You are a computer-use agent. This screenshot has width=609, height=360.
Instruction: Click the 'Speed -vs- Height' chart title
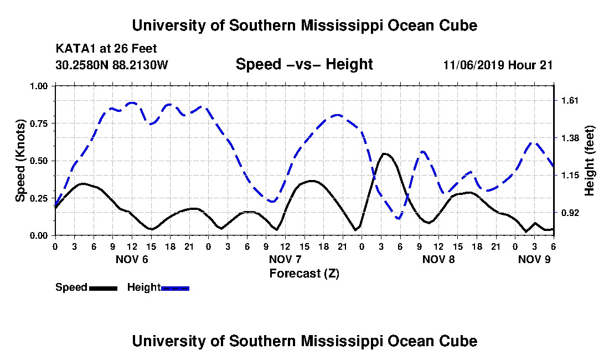(x=304, y=64)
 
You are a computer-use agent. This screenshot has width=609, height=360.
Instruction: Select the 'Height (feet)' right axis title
(x=589, y=161)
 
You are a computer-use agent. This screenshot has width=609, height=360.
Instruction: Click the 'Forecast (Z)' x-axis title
(x=304, y=274)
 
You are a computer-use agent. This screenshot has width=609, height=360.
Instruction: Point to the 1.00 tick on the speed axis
(x=39, y=86)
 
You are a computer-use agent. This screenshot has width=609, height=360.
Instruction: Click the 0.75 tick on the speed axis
(x=39, y=124)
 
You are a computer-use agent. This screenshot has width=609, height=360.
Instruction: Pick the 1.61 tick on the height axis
(x=570, y=101)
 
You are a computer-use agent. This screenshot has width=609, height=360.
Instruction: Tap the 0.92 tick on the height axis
(x=570, y=213)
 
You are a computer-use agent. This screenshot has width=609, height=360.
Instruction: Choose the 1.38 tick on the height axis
(x=570, y=138)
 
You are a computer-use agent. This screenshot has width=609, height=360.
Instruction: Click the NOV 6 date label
(x=132, y=259)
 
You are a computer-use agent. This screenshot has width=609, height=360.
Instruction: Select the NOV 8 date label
(x=438, y=259)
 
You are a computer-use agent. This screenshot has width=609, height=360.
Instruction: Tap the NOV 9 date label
(x=534, y=259)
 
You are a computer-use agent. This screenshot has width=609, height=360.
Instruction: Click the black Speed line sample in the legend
(x=103, y=288)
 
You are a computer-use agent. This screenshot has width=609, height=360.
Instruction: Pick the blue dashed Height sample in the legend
(x=175, y=288)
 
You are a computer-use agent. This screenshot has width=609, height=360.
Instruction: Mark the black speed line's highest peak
(x=384, y=154)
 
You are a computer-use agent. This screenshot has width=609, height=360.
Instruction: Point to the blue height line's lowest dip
(x=398, y=218)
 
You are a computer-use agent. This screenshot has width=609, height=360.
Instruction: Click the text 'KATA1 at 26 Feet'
(x=106, y=49)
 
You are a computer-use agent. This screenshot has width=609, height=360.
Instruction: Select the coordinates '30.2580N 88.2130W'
(x=112, y=65)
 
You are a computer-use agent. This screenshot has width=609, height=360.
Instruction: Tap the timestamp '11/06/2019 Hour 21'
(x=498, y=65)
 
